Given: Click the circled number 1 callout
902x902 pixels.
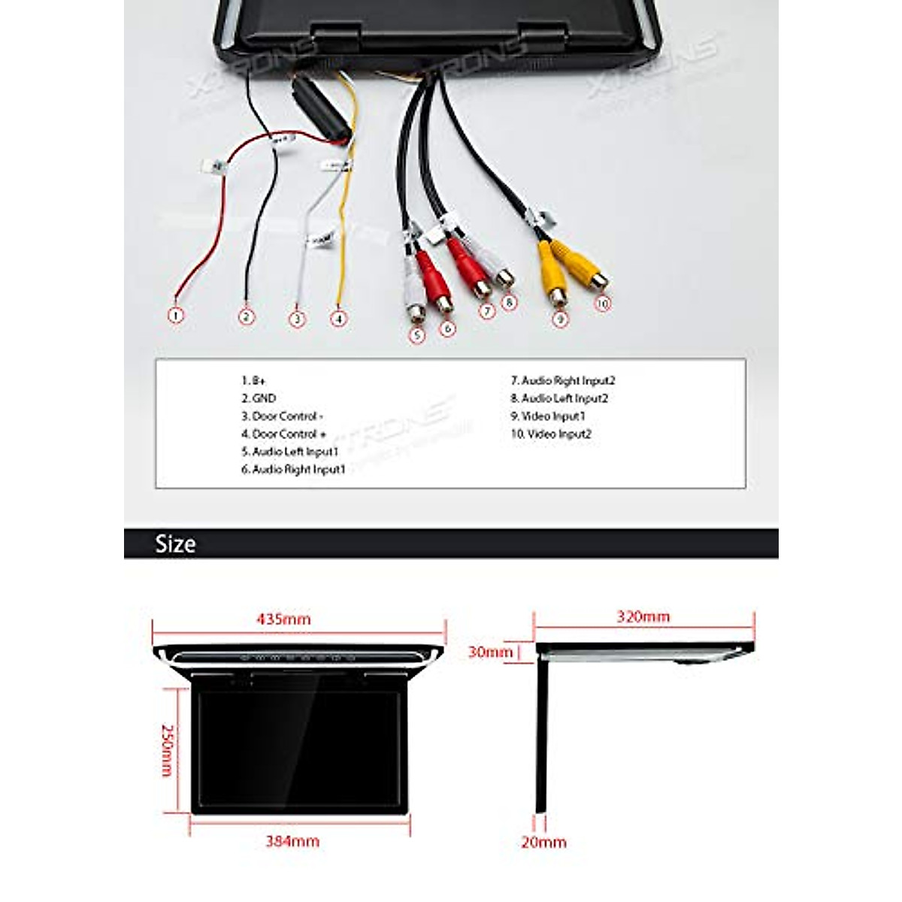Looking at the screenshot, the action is point(175,316).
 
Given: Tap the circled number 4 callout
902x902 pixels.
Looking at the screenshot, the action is point(340,319).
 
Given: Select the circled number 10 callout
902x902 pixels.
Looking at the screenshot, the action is point(602,304).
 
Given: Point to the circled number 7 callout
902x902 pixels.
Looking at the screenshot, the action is point(487,310).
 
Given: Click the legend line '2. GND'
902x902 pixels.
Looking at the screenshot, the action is point(259,398).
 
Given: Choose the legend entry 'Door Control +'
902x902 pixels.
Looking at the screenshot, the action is point(284,434).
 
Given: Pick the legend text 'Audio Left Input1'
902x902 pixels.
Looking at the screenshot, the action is point(290,452).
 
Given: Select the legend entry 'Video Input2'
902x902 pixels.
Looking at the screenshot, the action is point(551,434).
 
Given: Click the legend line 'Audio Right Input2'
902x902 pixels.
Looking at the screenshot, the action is point(563,381).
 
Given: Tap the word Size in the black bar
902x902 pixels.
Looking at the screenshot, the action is point(175,544).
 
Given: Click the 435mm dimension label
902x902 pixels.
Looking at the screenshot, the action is point(283,619).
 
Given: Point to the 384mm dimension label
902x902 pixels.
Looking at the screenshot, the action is point(292,841).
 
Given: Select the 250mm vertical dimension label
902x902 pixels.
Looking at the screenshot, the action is point(168,750).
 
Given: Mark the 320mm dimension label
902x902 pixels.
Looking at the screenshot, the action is point(643,616).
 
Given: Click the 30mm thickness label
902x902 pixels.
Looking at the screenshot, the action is point(490,652).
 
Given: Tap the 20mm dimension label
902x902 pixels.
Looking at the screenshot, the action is point(543,843).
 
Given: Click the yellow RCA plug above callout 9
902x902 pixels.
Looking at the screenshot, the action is point(554,275).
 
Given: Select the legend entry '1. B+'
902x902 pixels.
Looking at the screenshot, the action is point(254,381).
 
